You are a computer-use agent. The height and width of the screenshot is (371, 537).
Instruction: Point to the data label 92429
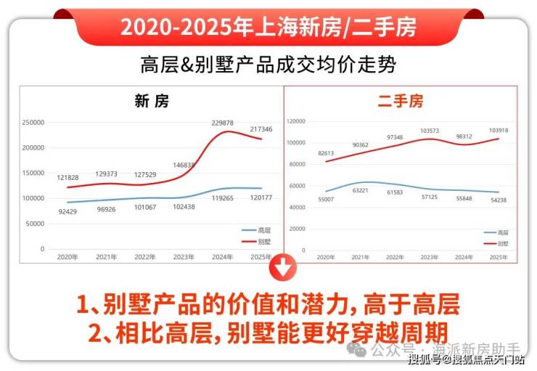(67, 211)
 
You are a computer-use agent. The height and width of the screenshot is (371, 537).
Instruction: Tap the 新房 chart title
(152, 102)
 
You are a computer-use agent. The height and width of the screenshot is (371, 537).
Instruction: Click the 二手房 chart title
(400, 102)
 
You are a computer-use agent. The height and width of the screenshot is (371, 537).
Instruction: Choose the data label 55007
(326, 198)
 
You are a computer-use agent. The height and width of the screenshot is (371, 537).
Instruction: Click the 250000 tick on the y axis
(33, 123)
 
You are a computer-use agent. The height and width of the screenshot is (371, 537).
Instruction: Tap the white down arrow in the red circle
(283, 269)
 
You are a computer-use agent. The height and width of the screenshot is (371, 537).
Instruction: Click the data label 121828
(67, 178)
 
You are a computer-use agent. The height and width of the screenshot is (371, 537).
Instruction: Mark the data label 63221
(361, 192)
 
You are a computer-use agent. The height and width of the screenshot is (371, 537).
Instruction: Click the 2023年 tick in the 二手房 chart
(430, 257)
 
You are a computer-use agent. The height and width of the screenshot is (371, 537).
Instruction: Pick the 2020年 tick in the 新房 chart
(67, 257)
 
